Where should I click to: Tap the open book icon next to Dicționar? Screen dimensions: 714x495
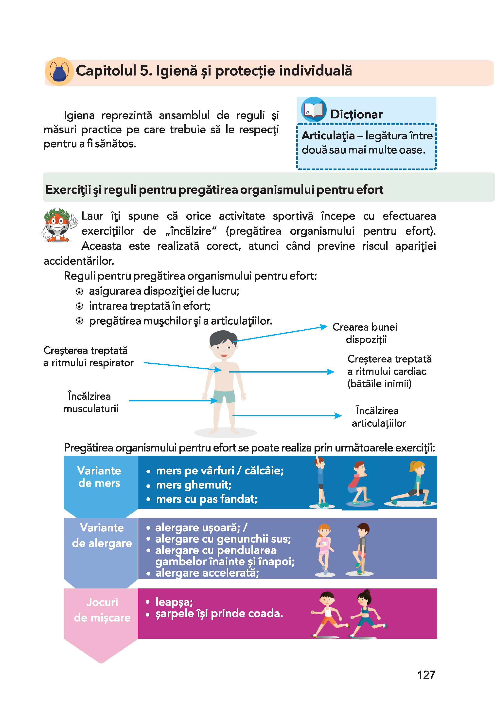tap(313, 110)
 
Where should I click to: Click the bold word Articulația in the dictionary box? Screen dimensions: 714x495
tap(328, 136)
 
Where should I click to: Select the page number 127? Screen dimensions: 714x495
tap(426, 675)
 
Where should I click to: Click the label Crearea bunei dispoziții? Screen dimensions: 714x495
tap(365, 333)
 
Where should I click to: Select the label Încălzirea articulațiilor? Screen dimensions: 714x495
tap(378, 417)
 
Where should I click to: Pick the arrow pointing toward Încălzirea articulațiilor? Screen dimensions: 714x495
tap(287, 416)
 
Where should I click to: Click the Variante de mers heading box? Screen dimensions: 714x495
tap(99, 477)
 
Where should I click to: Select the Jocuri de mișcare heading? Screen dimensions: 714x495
tap(102, 610)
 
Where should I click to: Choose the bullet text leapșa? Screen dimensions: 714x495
tap(174, 602)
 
